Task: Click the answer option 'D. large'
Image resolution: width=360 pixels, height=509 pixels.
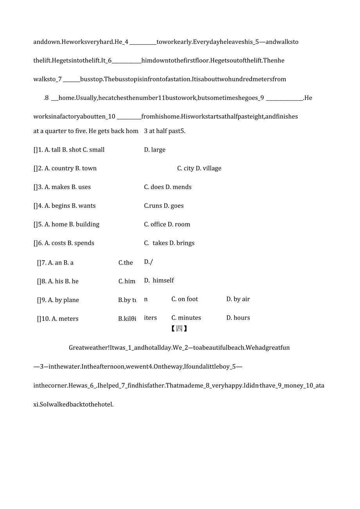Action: point(155,150)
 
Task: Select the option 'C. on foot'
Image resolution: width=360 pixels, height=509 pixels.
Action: point(185,299)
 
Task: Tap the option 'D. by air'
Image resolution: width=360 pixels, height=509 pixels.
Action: point(238,299)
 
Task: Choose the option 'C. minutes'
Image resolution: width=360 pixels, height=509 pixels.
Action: point(186,318)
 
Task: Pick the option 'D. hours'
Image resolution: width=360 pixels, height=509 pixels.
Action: point(238,318)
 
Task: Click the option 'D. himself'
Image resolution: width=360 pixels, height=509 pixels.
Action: point(159,281)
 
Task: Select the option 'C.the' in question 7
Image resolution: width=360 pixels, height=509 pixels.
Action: point(126,263)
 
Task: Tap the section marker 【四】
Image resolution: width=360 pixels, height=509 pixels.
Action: point(179,329)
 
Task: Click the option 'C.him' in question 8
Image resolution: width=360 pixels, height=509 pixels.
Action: point(127,282)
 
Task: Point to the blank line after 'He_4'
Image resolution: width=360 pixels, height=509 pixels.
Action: point(142,44)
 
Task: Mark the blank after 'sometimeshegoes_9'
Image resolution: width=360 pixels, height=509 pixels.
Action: point(284,100)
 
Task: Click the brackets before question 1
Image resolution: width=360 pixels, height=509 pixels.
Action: point(35,150)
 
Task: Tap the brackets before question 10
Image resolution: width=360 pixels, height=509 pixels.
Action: point(39,319)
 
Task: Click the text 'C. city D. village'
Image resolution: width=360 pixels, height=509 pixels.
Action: point(199,169)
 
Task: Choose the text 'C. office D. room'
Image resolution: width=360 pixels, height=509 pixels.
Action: point(167,225)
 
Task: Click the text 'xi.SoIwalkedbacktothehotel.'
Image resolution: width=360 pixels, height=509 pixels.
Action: point(74,405)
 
